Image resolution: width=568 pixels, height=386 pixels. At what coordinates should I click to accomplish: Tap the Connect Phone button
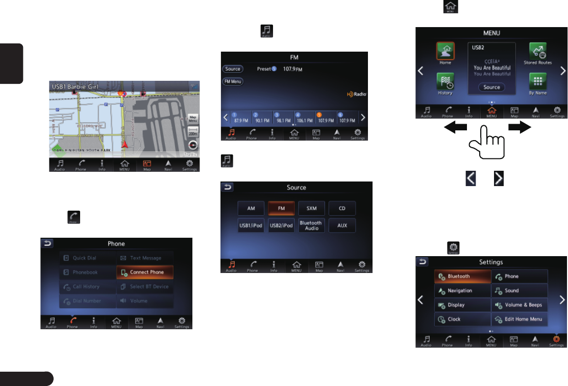click(145, 273)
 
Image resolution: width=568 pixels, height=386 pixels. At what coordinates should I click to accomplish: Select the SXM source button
click(311, 209)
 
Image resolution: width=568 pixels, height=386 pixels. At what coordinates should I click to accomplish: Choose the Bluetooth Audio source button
click(311, 225)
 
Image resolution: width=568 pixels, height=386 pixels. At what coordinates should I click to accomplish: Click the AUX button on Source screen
click(342, 225)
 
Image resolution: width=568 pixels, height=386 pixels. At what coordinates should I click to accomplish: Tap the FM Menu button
click(233, 81)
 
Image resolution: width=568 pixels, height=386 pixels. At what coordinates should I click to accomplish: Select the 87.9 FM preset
click(238, 118)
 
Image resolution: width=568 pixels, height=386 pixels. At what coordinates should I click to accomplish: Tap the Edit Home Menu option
click(520, 319)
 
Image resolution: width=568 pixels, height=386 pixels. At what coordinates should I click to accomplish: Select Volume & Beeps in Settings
click(520, 305)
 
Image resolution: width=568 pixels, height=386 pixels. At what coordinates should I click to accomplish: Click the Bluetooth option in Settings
click(462, 277)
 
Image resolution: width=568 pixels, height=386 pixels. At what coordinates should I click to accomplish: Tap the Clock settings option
click(462, 319)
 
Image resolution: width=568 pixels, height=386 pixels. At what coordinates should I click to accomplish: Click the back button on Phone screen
click(47, 244)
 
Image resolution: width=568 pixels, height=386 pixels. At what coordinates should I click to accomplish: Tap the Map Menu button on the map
click(193, 119)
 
